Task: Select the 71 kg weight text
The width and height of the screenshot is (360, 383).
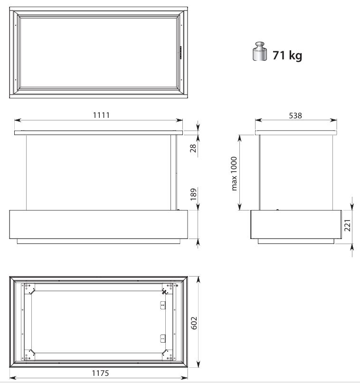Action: point(287,55)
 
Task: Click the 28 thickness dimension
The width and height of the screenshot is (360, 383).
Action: point(193,149)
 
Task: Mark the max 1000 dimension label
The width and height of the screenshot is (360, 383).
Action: point(234,173)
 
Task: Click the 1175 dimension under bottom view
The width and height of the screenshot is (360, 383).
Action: point(101,373)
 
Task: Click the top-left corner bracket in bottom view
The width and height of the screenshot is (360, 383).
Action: point(31,288)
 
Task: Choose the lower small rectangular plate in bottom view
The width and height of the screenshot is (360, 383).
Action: point(162,339)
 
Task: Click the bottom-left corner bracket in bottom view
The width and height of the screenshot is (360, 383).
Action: point(31,354)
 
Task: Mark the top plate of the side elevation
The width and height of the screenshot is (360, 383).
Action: point(296,133)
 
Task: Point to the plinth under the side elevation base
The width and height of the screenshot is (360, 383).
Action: point(296,241)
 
